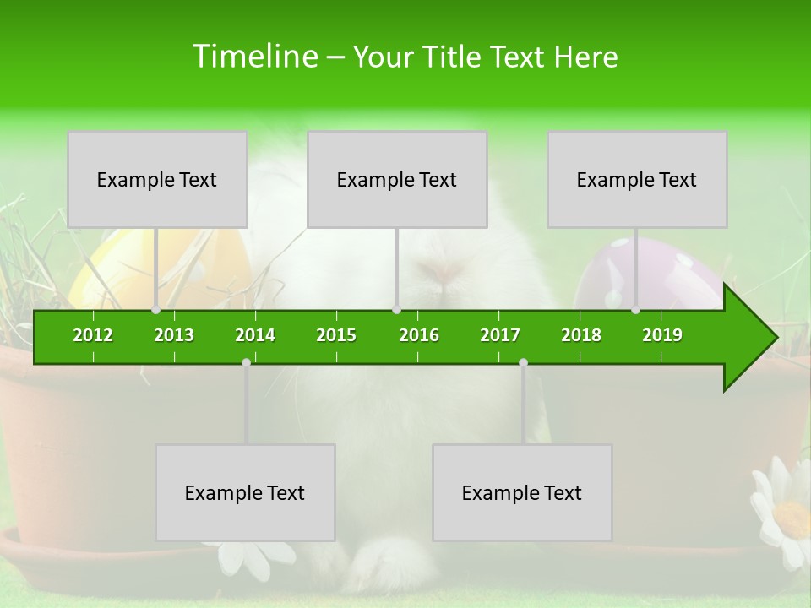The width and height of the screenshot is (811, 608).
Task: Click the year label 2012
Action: (93, 335)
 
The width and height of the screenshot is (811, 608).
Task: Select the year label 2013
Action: (174, 335)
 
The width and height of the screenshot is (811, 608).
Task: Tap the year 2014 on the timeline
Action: (255, 335)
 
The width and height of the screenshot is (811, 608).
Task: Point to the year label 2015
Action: (336, 335)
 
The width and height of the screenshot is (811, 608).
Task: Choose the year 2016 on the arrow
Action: (419, 335)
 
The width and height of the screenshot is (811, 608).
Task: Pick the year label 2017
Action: (500, 335)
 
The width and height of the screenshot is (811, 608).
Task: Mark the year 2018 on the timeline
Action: (581, 335)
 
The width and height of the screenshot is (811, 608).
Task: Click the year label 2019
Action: (662, 335)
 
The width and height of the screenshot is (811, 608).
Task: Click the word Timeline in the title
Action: (253, 57)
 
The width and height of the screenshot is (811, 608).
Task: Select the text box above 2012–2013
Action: (157, 179)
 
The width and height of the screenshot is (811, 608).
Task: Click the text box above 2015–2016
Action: (397, 179)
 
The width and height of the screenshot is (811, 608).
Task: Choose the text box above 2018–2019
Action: (637, 179)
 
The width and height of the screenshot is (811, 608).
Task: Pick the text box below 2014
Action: (245, 492)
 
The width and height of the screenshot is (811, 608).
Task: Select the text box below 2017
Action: (522, 492)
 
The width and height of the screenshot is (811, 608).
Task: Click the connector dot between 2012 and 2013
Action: (155, 310)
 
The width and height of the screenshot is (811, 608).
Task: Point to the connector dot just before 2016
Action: (396, 310)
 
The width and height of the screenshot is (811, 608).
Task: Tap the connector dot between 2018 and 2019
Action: (635, 310)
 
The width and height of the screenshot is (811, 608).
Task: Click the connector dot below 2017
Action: (523, 362)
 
